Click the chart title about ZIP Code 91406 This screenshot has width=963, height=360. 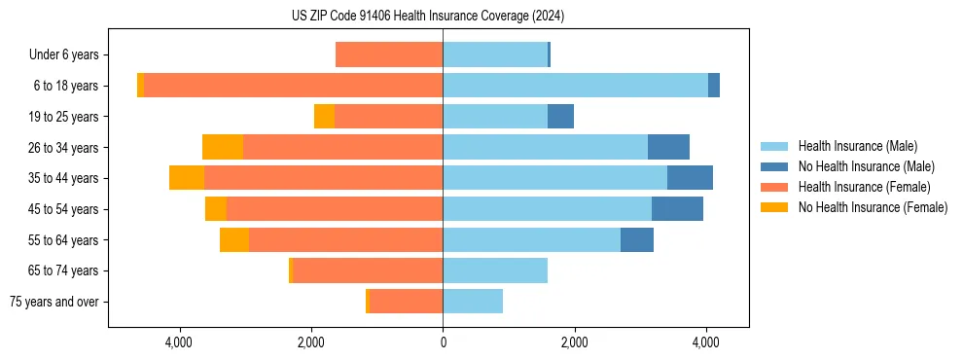427,17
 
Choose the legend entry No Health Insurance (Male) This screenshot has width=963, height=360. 866,166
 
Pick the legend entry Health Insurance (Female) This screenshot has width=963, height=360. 864,187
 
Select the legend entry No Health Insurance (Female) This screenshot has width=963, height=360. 873,207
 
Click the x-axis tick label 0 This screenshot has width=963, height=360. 443,342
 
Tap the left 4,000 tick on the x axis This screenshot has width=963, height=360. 179,342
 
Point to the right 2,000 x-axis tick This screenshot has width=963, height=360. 574,342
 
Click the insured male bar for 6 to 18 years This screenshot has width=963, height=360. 575,86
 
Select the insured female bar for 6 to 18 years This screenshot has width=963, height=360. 293,86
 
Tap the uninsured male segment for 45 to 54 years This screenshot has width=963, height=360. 677,209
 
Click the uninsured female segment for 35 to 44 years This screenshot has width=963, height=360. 187,178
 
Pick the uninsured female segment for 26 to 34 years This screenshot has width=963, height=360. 223,147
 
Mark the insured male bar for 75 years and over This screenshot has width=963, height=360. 473,302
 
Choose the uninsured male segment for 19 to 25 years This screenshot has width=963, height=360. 560,117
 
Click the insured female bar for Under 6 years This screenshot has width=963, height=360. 389,54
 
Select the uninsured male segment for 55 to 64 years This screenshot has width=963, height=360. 637,239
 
